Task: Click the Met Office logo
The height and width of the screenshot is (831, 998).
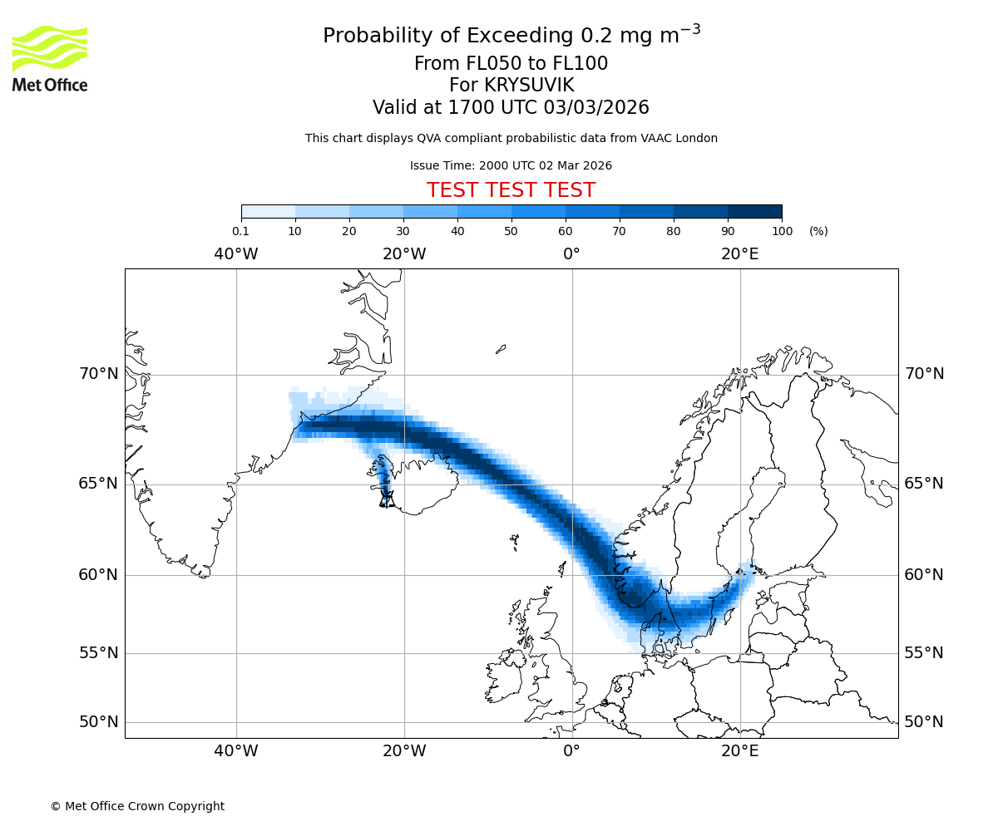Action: (50, 58)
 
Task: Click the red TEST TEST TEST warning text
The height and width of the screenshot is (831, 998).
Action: (511, 190)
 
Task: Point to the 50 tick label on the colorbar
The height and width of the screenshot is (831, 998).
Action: (511, 231)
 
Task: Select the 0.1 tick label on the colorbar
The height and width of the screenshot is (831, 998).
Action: (240, 231)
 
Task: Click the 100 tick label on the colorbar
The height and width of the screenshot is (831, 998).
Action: (782, 231)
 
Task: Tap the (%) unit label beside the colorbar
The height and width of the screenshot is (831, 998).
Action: (818, 231)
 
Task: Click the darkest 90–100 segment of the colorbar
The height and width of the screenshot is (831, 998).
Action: (754, 211)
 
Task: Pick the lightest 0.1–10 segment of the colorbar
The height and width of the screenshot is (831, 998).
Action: (268, 211)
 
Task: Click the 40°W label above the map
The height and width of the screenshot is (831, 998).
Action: (236, 254)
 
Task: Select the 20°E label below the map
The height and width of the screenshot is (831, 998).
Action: (740, 752)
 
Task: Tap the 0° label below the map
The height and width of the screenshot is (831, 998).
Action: (572, 752)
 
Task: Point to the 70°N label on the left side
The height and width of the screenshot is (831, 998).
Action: (99, 374)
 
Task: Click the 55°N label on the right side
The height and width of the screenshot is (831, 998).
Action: (924, 653)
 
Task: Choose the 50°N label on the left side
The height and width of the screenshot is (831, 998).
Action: (99, 722)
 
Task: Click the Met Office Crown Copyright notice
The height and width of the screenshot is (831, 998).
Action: (137, 806)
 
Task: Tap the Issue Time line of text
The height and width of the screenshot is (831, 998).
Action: (511, 165)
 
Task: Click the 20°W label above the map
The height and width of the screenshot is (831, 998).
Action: (404, 254)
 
